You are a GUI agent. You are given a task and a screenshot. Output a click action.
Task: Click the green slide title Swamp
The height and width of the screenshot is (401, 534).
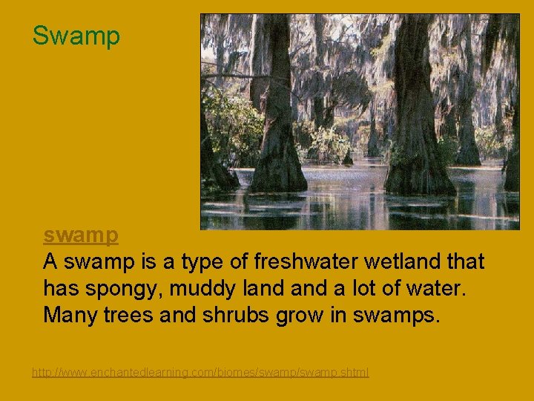(x=76, y=36)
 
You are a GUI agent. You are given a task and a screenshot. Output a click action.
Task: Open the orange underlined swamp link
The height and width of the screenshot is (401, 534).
(x=81, y=235)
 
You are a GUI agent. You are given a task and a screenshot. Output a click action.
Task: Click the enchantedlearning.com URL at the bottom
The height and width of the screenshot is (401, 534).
(x=200, y=372)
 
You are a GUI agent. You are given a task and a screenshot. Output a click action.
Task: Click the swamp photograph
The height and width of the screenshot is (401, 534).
(x=360, y=121)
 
